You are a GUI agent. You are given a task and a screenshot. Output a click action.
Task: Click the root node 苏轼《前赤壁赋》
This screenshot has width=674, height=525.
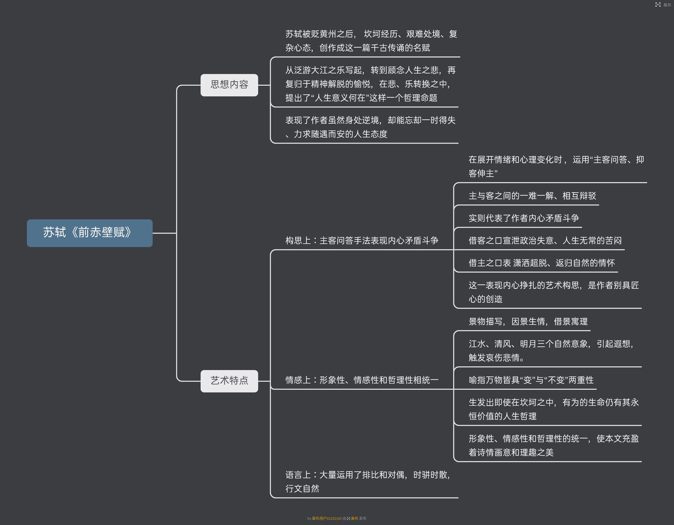click(x=90, y=233)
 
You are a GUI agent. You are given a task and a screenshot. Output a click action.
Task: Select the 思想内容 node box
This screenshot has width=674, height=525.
click(x=229, y=85)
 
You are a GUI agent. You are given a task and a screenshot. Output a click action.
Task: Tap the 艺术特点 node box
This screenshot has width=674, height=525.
click(x=229, y=381)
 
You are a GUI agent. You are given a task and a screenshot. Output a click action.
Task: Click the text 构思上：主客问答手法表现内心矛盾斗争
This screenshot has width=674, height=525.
click(x=362, y=241)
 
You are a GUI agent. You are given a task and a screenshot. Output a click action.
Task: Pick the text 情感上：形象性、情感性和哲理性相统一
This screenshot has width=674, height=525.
click(x=362, y=380)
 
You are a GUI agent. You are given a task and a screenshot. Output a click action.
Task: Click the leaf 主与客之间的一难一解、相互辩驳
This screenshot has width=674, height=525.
click(x=532, y=196)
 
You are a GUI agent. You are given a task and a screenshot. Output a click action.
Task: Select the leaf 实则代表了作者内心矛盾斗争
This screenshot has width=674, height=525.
click(x=523, y=218)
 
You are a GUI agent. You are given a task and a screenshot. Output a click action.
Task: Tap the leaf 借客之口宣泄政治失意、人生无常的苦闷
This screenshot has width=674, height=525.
click(x=545, y=241)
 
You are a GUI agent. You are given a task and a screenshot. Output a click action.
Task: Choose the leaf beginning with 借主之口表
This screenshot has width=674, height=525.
click(x=542, y=263)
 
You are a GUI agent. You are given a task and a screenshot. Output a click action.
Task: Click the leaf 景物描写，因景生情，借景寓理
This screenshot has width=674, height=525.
click(x=528, y=322)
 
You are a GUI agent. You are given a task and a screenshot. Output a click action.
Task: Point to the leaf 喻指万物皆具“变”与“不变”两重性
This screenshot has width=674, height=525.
click(x=531, y=380)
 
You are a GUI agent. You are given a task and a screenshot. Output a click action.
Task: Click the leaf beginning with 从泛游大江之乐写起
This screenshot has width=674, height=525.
click(x=370, y=84)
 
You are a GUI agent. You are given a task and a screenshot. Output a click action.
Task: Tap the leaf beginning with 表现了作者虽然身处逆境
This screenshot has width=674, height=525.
click(x=370, y=127)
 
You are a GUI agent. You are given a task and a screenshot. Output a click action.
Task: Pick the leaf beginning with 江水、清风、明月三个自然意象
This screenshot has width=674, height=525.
click(x=551, y=351)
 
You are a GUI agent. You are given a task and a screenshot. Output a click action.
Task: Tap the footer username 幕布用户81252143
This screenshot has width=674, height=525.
click(x=327, y=519)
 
